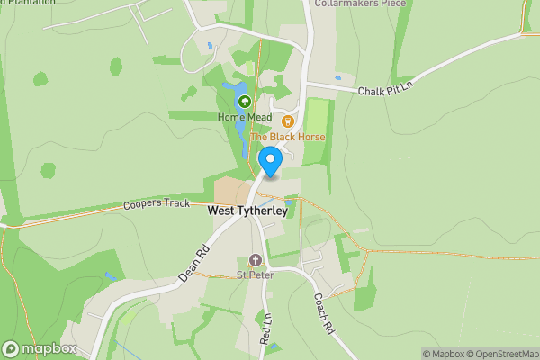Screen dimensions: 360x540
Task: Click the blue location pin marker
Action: click(x=271, y=161)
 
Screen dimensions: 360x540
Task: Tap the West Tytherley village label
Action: click(x=247, y=211)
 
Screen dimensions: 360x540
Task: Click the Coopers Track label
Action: click(x=157, y=203)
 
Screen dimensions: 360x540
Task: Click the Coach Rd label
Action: click(x=324, y=314)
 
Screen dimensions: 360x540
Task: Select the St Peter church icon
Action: click(x=255, y=260)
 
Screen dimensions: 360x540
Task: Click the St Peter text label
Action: click(x=255, y=274)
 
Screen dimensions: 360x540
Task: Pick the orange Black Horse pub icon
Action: click(x=288, y=121)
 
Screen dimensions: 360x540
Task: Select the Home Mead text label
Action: click(x=242, y=117)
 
